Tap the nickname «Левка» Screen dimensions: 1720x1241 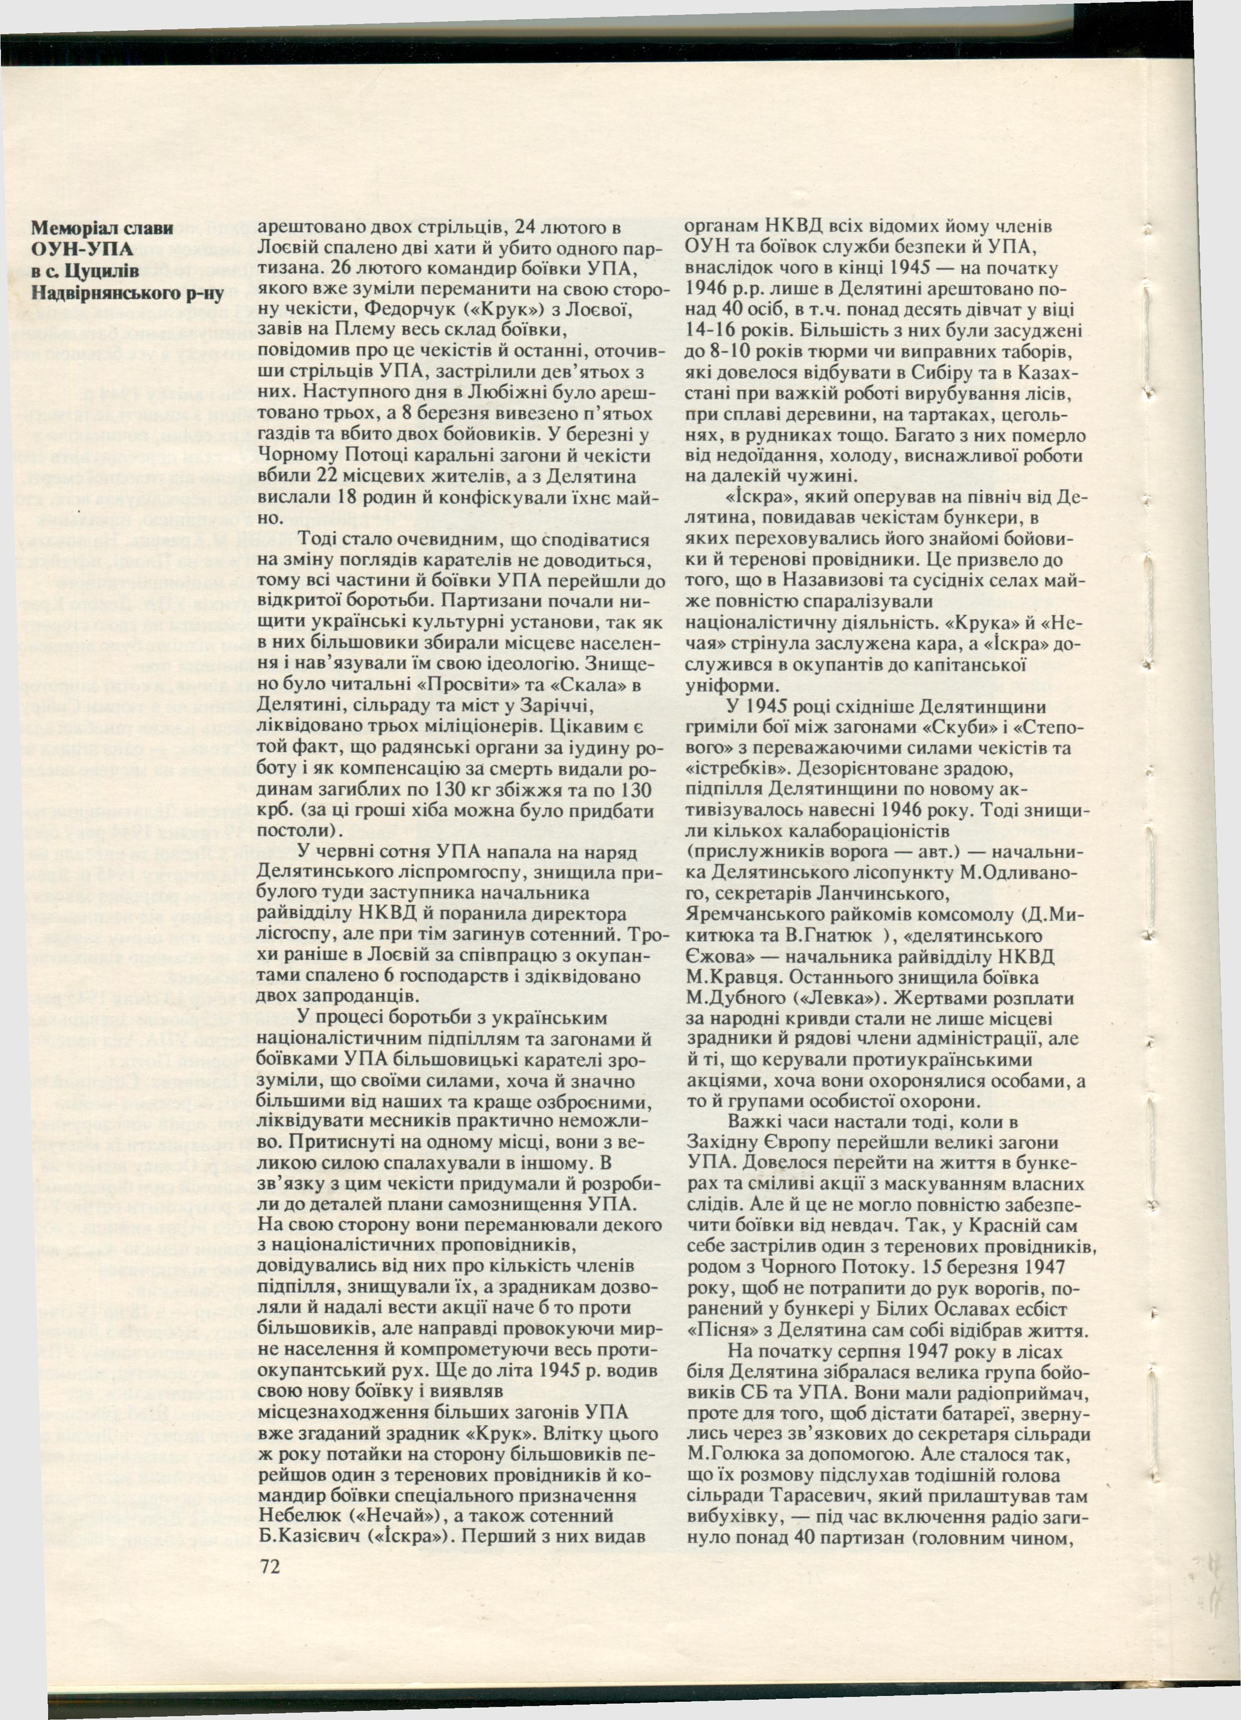pyautogui.click(x=840, y=999)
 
